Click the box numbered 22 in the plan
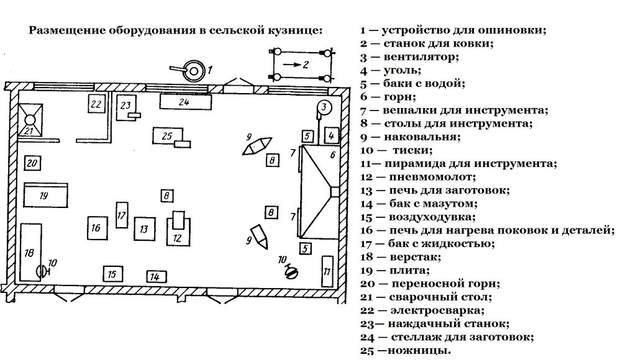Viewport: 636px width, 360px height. [x=96, y=104]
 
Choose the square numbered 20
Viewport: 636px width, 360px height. [x=32, y=164]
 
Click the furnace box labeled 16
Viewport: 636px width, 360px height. [x=96, y=228]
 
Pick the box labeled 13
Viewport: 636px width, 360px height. [x=144, y=228]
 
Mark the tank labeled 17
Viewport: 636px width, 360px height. [x=122, y=215]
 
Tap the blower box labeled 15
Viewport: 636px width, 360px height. [x=111, y=273]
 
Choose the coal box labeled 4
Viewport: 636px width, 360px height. [x=331, y=135]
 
